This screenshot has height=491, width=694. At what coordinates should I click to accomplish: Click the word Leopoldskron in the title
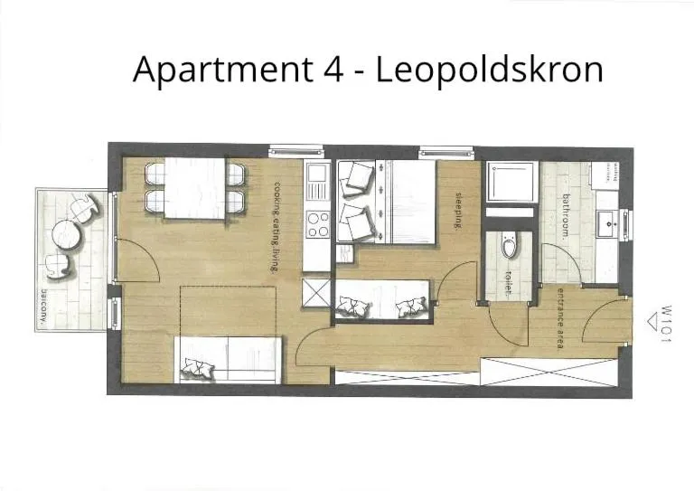[488, 70]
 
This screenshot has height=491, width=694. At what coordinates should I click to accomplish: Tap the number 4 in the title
[331, 69]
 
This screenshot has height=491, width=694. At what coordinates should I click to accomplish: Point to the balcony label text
[43, 308]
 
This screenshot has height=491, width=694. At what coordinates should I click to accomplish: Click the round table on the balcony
[67, 235]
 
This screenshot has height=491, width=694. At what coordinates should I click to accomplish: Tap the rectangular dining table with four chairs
[195, 186]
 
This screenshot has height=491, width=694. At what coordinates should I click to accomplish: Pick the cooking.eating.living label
[277, 226]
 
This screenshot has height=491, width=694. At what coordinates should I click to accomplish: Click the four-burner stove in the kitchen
[317, 223]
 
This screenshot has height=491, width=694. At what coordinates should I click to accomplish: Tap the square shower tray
[511, 183]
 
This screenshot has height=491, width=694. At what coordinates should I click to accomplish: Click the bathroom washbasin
[607, 221]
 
